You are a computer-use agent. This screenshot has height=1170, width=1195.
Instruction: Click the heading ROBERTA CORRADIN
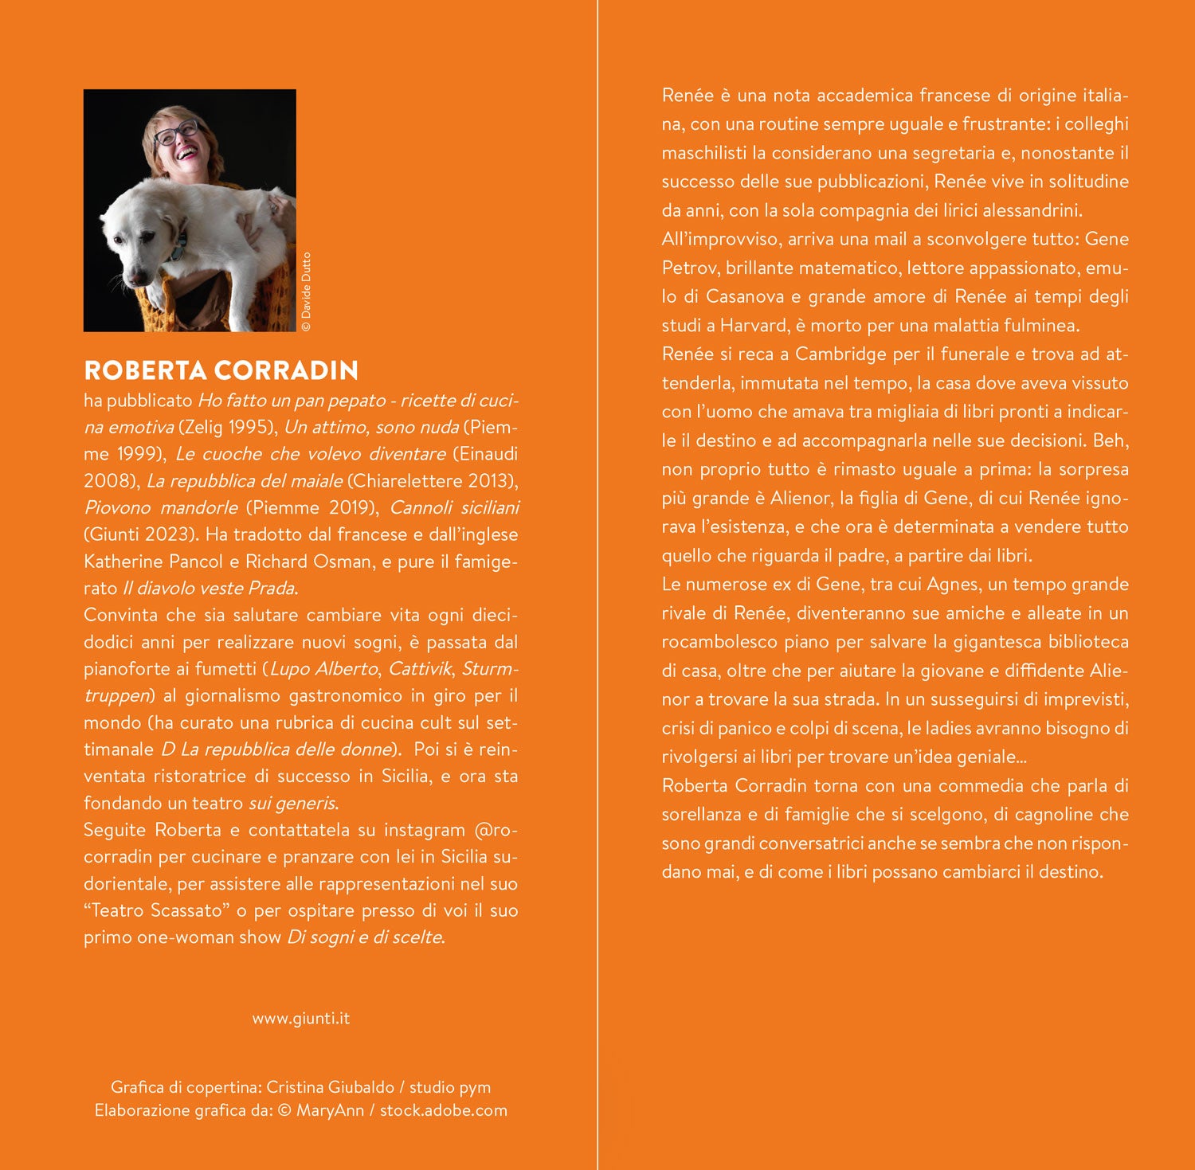[221, 370]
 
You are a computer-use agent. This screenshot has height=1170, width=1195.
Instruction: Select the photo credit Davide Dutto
[307, 292]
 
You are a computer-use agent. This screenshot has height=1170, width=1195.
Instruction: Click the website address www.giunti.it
[300, 1019]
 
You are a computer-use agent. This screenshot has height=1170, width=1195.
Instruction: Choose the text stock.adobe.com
[443, 1110]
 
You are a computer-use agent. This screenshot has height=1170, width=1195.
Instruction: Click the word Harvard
[754, 326]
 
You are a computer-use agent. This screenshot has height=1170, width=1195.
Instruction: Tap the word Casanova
[745, 297]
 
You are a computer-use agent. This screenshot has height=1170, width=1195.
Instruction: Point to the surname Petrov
[690, 268]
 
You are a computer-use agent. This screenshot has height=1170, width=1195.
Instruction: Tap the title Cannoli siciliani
[454, 508]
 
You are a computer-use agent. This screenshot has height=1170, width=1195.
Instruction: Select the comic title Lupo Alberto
[324, 669]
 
